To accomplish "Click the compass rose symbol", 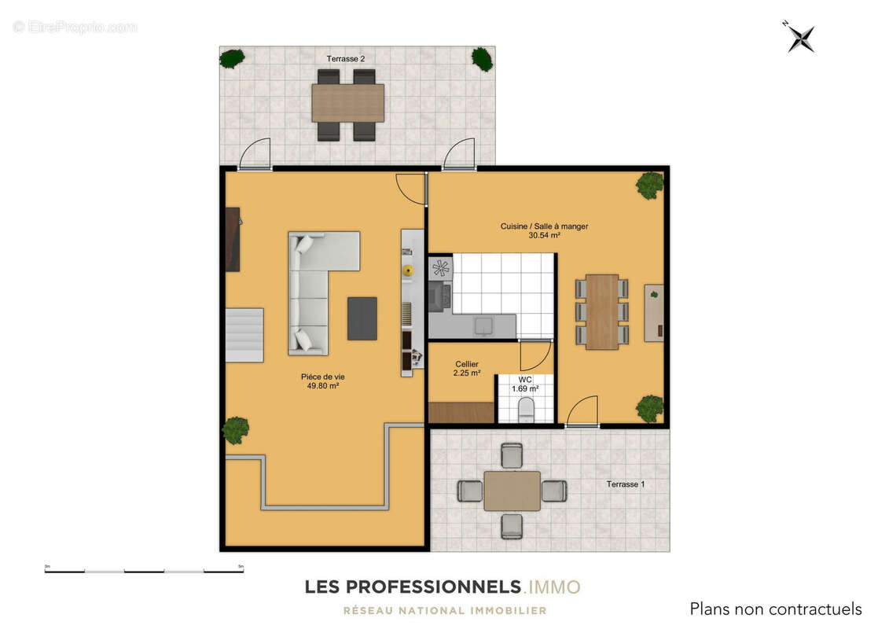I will (x=801, y=38).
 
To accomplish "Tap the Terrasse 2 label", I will (x=346, y=59).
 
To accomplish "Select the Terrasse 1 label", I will (x=625, y=484).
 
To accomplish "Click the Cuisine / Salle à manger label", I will (x=544, y=226).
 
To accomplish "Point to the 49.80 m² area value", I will (x=323, y=386).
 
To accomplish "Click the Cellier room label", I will (x=467, y=364).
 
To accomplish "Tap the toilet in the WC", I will (x=526, y=409).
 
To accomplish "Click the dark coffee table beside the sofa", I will (x=362, y=318).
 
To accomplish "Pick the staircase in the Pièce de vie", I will (x=244, y=334).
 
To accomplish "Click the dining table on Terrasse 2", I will (x=347, y=103).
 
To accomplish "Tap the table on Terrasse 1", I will (x=512, y=491).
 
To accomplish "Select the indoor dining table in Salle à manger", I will (x=601, y=311).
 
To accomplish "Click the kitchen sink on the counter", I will (x=484, y=325).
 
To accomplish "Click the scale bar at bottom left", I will (x=144, y=569).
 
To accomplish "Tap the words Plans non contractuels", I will (x=775, y=609).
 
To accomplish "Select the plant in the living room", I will (x=235, y=429).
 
